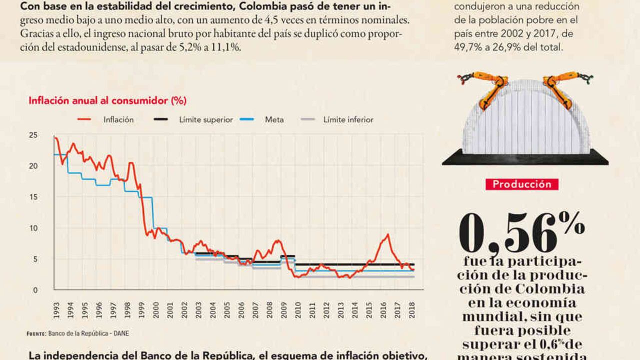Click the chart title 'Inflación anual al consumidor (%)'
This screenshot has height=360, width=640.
coord(107,100)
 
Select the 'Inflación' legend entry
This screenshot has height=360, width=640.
coord(118,120)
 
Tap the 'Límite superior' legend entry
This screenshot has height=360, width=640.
coord(206,120)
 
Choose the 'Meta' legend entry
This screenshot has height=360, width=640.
coord(274,120)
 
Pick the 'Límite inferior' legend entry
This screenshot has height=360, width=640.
coord(348,120)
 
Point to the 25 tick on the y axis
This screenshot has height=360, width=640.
coord(33,135)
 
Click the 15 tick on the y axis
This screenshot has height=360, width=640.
coord(33,197)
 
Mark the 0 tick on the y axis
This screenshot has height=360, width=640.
coord(35,290)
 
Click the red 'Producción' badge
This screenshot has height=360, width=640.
coord(521,184)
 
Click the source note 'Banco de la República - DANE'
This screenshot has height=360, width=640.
coord(88,333)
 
